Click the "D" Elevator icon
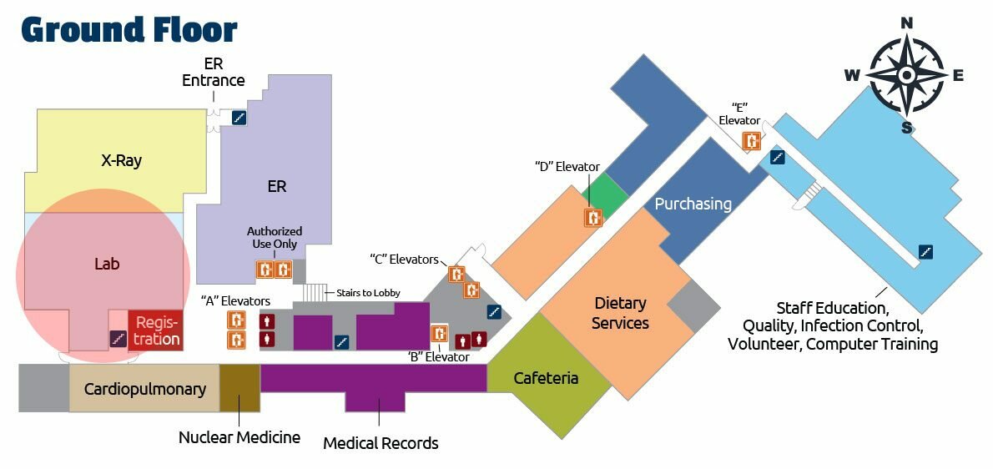[592, 217]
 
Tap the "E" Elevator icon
[753, 141]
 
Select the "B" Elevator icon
[439, 333]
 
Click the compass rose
[907, 75]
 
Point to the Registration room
[156, 330]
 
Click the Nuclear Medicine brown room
[239, 388]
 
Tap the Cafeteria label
[546, 378]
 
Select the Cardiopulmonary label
[144, 389]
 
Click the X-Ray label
[115, 161]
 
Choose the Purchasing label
[693, 204]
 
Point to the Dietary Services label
[620, 313]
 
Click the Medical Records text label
[381, 443]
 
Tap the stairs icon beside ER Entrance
[239, 119]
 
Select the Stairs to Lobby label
[368, 293]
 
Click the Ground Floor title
[129, 29]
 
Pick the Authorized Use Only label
[275, 238]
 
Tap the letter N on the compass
[907, 23]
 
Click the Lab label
[107, 265]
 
